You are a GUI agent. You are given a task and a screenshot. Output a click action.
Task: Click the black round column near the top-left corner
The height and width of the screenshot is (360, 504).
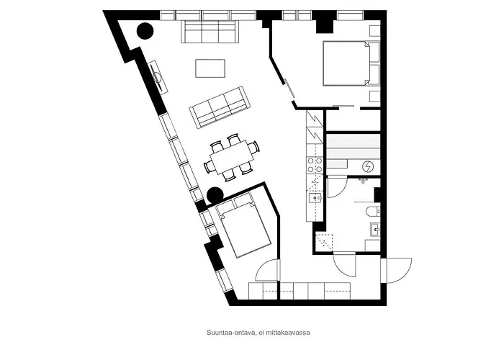click(x=145, y=30)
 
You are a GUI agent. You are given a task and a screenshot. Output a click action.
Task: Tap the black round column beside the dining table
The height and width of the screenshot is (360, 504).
click(x=214, y=194)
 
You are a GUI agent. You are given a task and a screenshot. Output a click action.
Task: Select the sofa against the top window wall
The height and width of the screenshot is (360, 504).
click(x=210, y=32)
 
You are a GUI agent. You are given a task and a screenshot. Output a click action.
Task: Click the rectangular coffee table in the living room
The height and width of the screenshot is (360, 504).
click(x=211, y=68)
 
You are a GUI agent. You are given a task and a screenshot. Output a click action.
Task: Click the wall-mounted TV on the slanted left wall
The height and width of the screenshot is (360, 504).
click(x=158, y=76)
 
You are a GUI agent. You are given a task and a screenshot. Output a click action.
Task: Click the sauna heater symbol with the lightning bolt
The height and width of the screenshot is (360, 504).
click(x=368, y=166)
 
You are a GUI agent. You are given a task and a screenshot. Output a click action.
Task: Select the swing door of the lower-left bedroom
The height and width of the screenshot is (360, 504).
click(x=268, y=270)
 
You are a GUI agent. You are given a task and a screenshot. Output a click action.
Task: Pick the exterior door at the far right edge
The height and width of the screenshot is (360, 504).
click(x=397, y=270)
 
